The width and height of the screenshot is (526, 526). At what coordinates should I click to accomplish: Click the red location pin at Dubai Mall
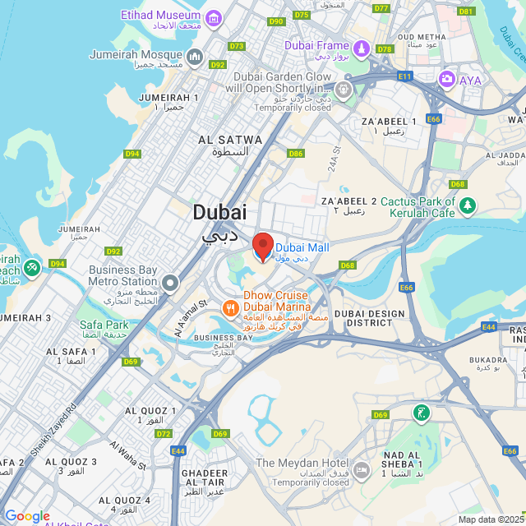coord(262,246)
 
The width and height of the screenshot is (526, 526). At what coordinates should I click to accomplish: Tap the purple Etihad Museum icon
coord(214,18)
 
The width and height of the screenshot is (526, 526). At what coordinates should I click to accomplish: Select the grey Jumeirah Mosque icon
coord(194,57)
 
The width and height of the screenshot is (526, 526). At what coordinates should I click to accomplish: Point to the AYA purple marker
coord(447,80)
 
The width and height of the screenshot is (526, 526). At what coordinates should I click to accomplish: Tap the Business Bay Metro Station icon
coord(170,284)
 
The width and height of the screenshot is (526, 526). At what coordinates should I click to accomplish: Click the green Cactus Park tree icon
coord(468,205)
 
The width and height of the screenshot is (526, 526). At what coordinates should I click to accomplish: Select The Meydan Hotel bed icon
coord(362,469)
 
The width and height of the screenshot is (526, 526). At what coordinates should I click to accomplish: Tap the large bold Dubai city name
coord(219,212)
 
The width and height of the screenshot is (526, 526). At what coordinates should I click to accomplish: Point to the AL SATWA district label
coord(230,141)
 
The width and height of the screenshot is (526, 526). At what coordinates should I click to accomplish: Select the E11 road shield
coord(404,76)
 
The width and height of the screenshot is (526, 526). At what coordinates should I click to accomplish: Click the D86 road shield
coord(296,154)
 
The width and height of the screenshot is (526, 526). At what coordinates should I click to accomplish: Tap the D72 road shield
coord(163,433)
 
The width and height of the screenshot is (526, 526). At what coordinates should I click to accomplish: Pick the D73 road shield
coord(237,46)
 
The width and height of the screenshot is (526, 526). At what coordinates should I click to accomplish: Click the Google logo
coord(27,515)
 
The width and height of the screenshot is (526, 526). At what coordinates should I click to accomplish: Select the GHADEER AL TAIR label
coord(204,478)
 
